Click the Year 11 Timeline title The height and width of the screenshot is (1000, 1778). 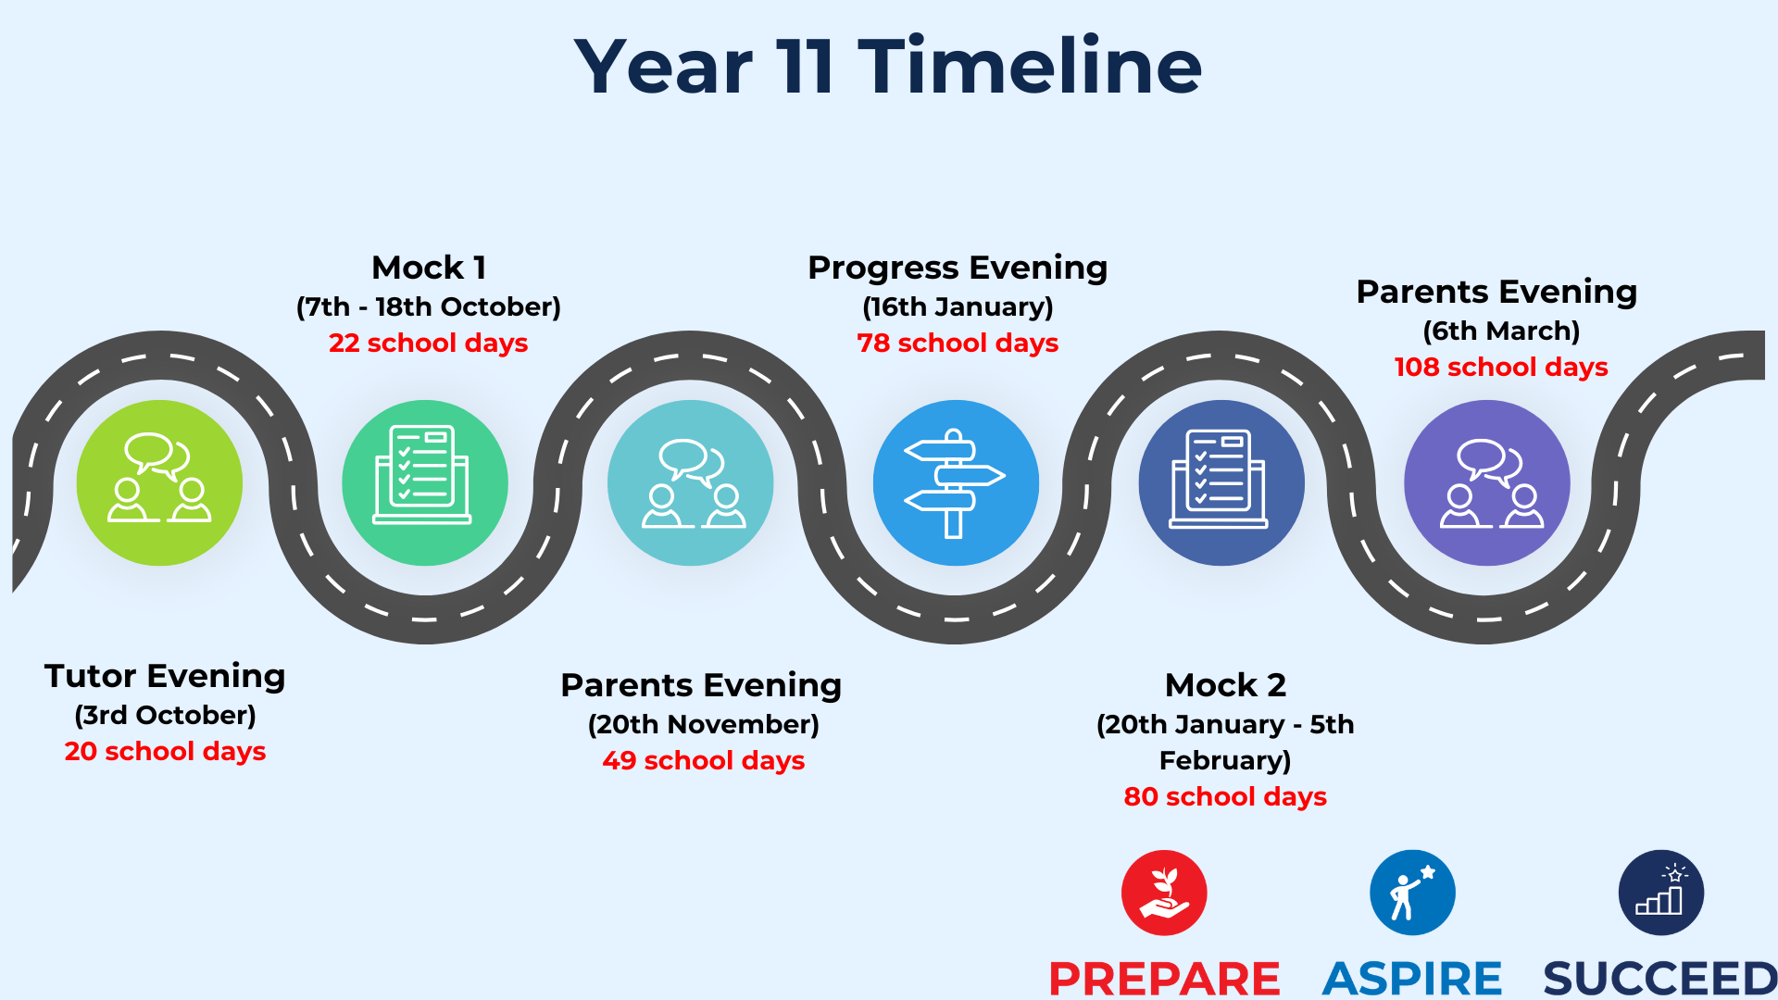(887, 67)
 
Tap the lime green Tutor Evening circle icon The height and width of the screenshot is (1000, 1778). (159, 482)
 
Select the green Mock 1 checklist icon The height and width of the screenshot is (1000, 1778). (425, 482)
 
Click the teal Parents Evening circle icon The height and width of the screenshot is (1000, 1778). (691, 482)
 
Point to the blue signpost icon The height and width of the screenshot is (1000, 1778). (956, 482)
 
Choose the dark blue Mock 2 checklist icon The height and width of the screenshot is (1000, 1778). (1221, 482)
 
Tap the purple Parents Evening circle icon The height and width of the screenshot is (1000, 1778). (1487, 482)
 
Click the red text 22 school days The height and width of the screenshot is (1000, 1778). (428, 343)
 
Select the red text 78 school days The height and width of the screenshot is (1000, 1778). (958, 343)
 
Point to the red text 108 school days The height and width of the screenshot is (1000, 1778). (1501, 367)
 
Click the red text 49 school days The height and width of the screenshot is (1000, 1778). (704, 760)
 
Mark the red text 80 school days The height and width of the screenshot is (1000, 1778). (1225, 796)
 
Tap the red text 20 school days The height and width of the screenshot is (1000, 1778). (165, 751)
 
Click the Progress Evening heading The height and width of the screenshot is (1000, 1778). (958, 268)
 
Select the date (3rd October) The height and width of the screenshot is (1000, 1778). (165, 715)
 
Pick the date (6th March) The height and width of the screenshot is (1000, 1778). (1501, 331)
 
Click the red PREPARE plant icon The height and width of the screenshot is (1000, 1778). (1164, 893)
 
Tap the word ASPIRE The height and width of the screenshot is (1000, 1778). (1412, 979)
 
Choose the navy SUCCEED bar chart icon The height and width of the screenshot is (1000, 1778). (1661, 893)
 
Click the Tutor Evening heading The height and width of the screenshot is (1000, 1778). (165, 676)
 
